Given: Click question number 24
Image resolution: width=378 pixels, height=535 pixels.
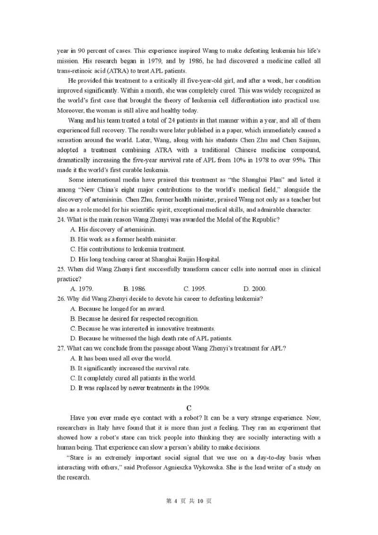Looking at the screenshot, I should [x=61, y=219].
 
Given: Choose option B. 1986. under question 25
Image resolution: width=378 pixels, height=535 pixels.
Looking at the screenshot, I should [x=135, y=288].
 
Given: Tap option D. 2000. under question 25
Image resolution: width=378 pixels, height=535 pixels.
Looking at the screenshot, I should [x=255, y=288].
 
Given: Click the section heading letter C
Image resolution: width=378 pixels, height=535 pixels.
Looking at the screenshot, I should [x=189, y=407].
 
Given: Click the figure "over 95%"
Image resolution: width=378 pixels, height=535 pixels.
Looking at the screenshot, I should [x=294, y=160].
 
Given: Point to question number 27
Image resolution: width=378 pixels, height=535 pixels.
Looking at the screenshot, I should [x=61, y=348].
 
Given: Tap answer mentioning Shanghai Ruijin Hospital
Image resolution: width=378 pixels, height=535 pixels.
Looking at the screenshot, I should [x=145, y=259].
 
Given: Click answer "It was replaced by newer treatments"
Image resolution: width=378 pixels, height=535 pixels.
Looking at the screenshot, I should [x=139, y=388].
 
